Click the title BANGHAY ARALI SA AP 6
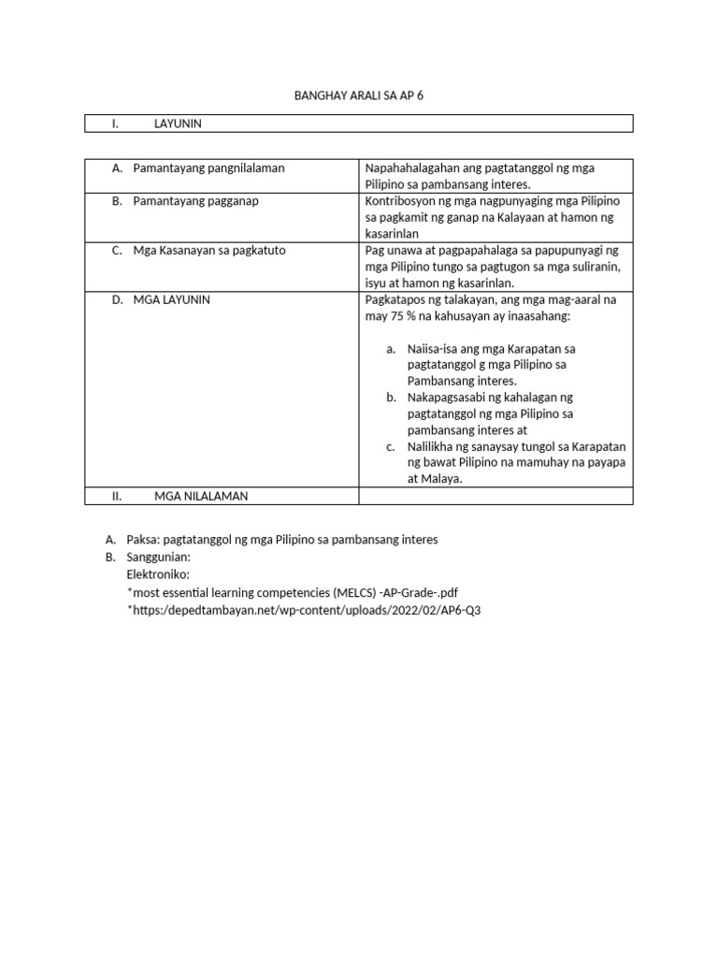coord(359,95)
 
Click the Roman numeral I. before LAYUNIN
coord(115,123)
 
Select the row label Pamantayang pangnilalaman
coord(208,168)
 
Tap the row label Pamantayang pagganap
coord(196,201)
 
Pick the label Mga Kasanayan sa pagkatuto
coord(208,251)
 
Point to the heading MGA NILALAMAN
coord(201,497)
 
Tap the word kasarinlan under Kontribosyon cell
coord(392,234)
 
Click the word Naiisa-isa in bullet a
coord(435,349)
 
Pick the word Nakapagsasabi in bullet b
coord(447,398)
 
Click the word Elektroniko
coord(158,573)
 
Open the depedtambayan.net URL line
coord(309,610)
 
